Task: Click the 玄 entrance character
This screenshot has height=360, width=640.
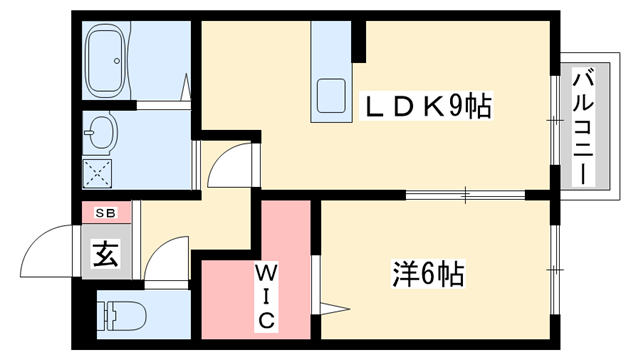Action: (x=105, y=255)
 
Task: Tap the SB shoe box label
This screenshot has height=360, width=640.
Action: (x=105, y=213)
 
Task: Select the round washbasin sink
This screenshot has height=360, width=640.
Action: (x=103, y=130)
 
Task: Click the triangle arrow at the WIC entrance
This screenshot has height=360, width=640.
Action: (x=332, y=304)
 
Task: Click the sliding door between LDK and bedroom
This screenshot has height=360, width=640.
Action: (x=465, y=194)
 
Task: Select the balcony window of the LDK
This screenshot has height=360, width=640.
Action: (x=553, y=121)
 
